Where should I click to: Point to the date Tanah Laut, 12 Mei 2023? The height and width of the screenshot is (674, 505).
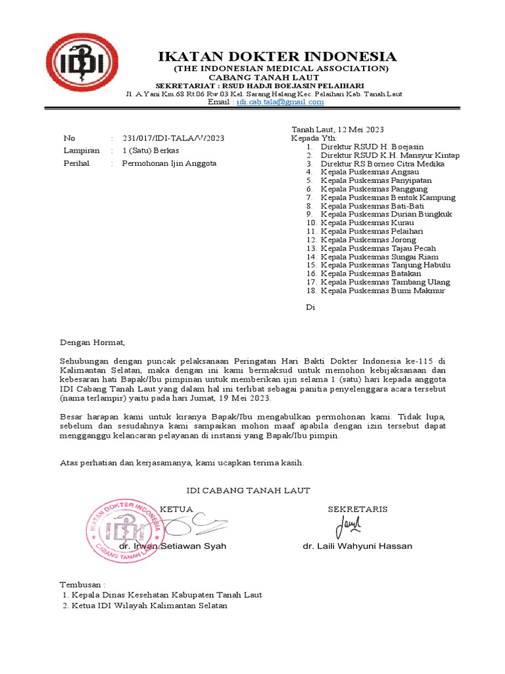[x=338, y=129]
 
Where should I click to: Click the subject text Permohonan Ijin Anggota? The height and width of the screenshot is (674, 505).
[x=169, y=163]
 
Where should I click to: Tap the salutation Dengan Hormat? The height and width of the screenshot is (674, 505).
[x=92, y=342]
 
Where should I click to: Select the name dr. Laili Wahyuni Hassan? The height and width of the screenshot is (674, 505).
[x=357, y=546]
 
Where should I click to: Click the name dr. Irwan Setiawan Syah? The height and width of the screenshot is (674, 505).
[x=172, y=546]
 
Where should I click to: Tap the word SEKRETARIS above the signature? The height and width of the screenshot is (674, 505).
[x=358, y=509]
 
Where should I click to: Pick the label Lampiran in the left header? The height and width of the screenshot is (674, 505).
[x=81, y=150]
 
